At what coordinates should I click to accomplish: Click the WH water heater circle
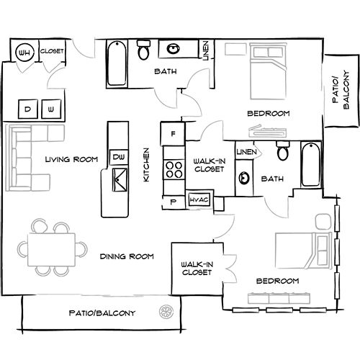coord(24,52)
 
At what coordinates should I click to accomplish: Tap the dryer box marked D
coord(28,109)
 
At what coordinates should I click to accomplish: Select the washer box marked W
coord(51,109)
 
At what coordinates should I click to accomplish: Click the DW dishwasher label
coord(119,157)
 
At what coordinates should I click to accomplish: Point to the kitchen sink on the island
coord(120,179)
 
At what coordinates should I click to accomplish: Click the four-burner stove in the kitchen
coord(174,170)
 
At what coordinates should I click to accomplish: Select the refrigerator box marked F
coord(173,133)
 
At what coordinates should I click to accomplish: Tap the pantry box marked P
coord(174,202)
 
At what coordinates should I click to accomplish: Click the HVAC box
coord(199,199)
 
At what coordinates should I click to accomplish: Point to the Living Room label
coord(71,159)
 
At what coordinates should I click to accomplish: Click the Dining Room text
coord(127,256)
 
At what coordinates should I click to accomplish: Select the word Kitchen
coord(146,165)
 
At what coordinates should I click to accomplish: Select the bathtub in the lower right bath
coord(311,164)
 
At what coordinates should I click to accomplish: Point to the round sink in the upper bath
coord(173,49)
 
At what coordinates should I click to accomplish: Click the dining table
coord(51,250)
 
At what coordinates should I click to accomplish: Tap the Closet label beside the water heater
coord(52,51)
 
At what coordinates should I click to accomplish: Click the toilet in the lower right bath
coord(283,150)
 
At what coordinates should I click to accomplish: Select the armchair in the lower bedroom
coord(323,222)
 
